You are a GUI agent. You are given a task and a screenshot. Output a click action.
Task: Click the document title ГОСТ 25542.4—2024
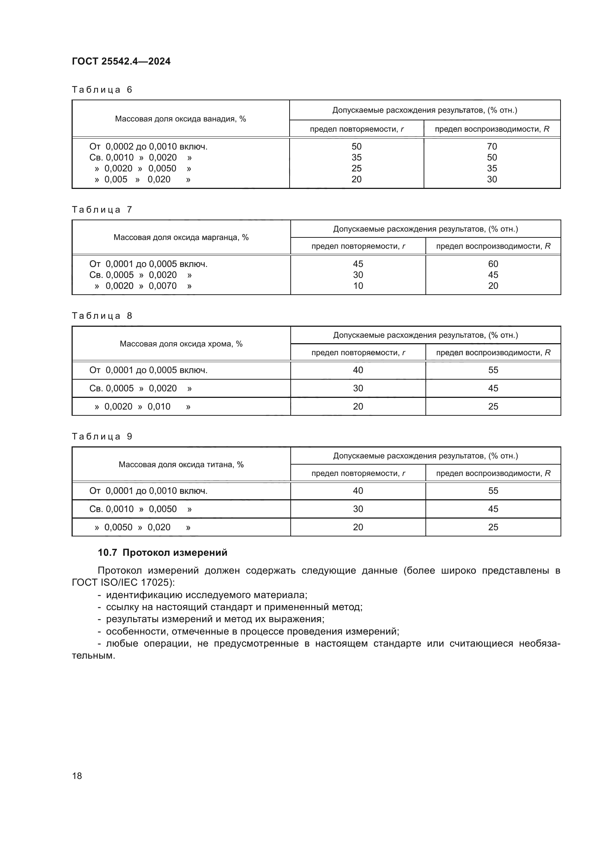click(121, 61)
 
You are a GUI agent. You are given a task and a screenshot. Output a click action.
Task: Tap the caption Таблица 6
click(102, 90)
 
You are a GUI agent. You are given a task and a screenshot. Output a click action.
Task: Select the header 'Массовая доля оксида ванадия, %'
click(180, 119)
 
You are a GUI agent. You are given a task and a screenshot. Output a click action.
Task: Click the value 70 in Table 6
click(492, 146)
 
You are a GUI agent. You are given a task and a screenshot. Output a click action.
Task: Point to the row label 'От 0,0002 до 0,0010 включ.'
click(148, 146)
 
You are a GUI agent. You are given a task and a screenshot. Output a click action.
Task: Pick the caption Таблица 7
click(102, 210)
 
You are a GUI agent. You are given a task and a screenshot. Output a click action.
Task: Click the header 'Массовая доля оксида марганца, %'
click(181, 237)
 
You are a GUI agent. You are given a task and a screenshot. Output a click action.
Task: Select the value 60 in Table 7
click(493, 264)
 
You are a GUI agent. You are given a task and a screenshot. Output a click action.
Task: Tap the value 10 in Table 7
click(358, 286)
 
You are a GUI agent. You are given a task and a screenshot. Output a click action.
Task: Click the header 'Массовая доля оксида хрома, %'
click(181, 344)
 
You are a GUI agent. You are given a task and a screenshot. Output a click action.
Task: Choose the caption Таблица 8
click(102, 316)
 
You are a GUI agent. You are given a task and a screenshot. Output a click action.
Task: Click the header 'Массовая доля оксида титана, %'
click(181, 464)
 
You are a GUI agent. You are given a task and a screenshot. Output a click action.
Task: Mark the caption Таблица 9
click(102, 436)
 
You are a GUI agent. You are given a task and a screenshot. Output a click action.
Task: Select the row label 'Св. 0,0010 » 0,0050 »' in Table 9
click(141, 509)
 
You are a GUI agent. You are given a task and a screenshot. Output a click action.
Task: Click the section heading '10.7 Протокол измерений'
click(163, 552)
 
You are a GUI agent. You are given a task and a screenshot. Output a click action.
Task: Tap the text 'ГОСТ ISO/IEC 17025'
click(121, 582)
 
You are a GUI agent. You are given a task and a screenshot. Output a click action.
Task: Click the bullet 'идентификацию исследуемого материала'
click(206, 595)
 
